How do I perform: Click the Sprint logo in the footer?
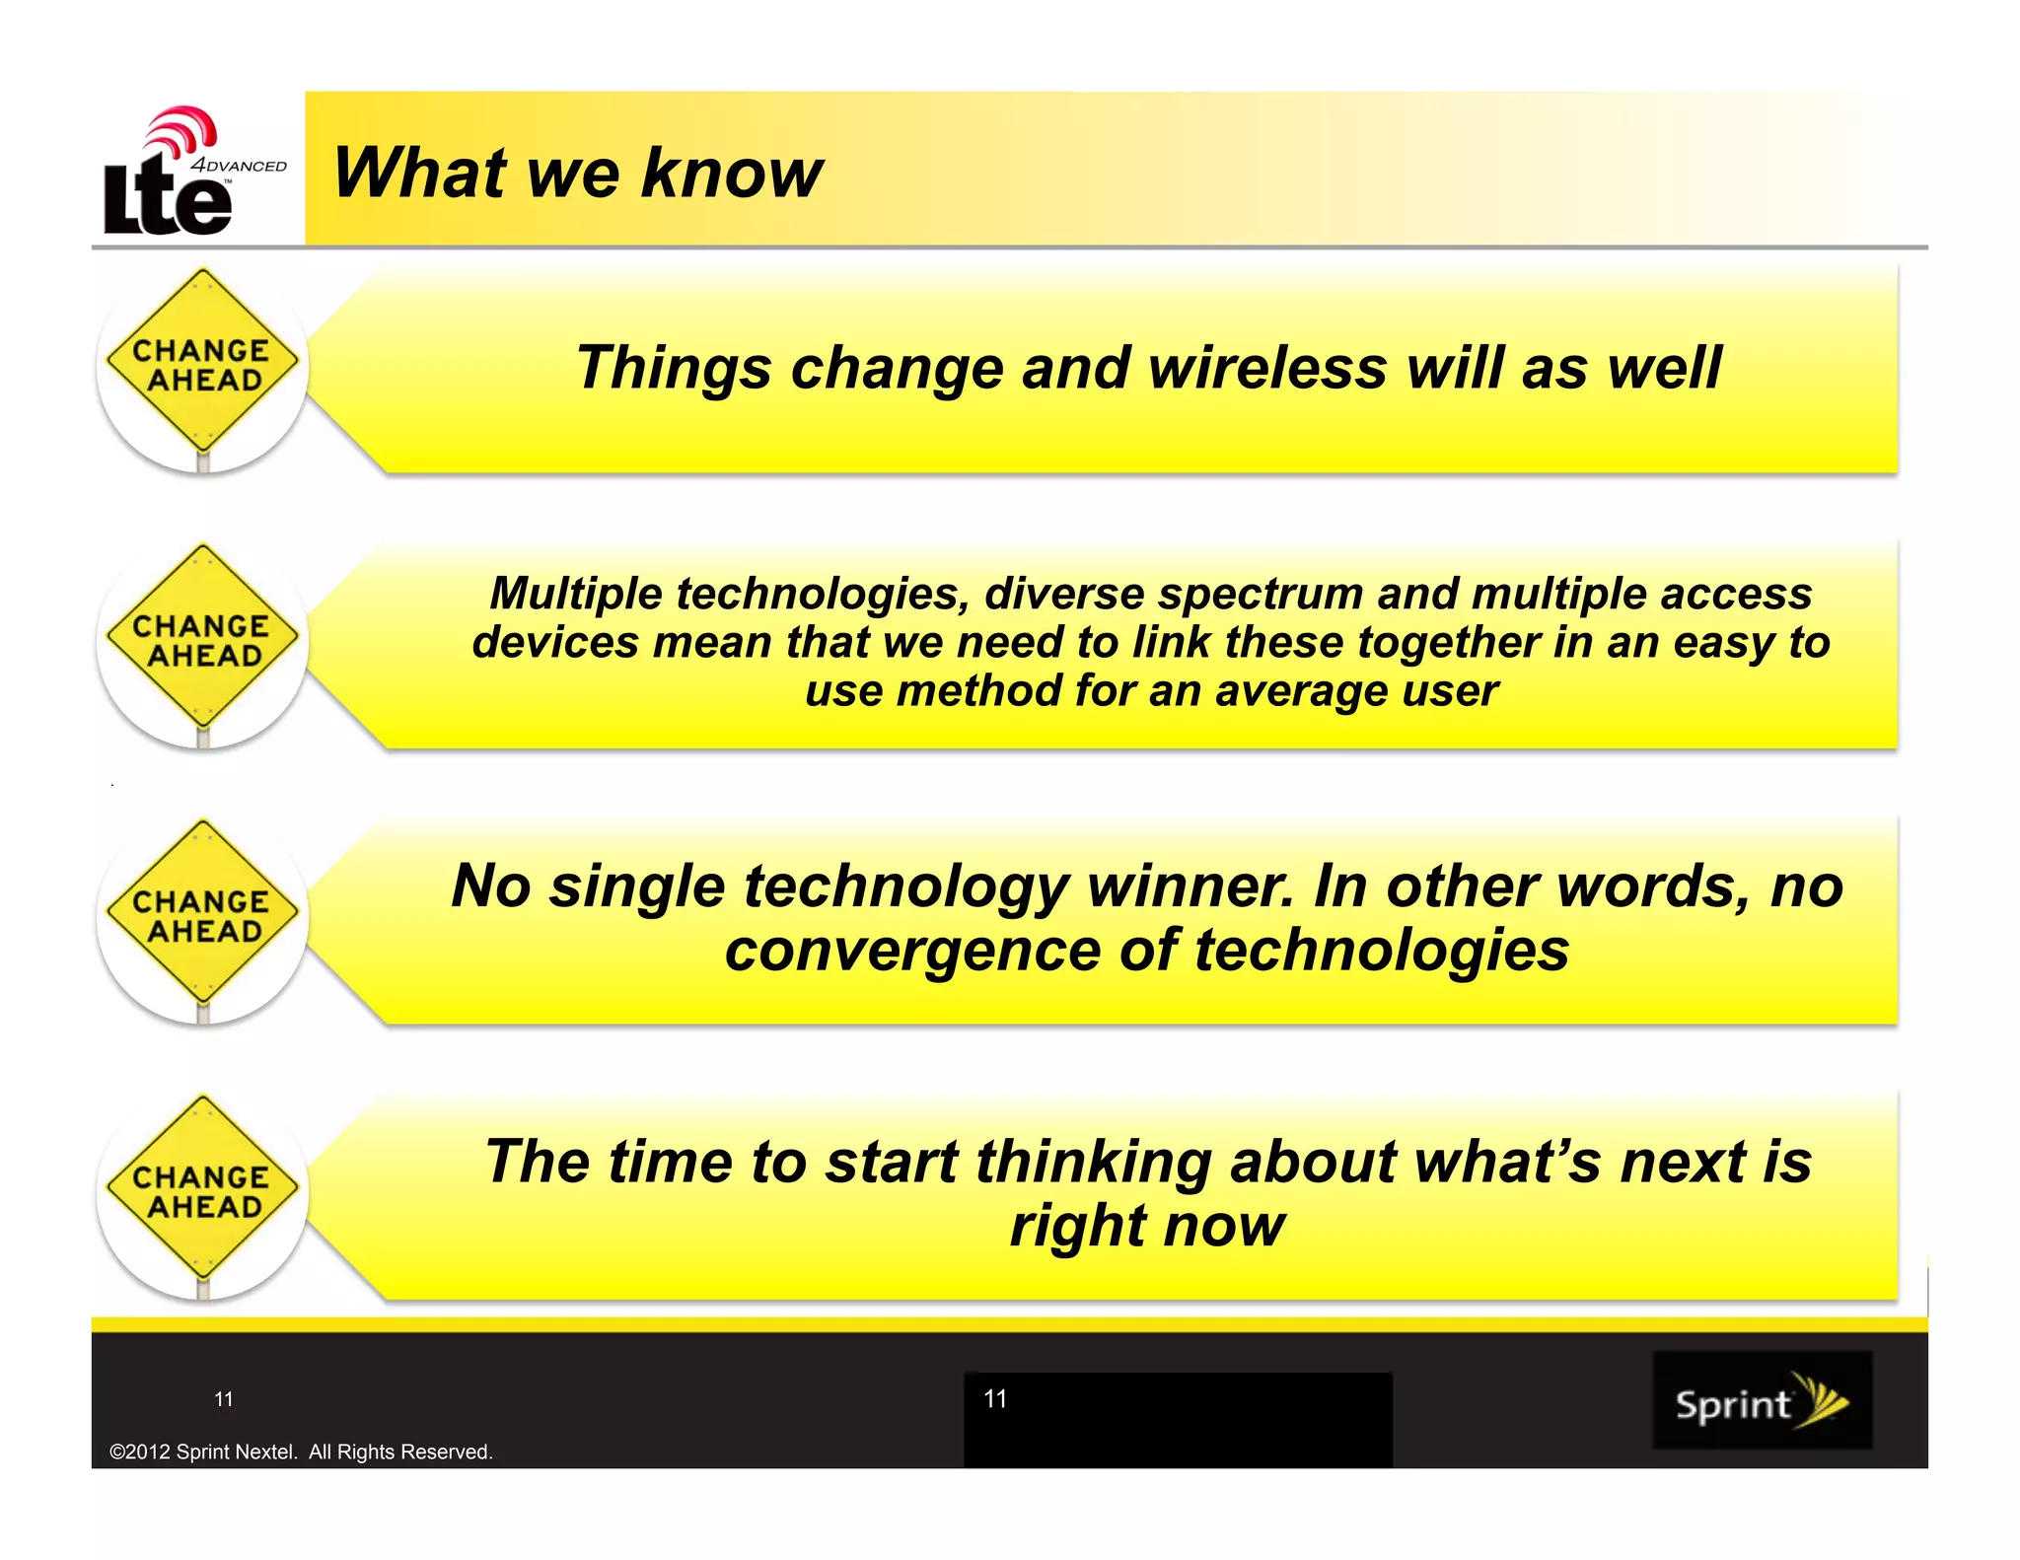pyautogui.click(x=1762, y=1400)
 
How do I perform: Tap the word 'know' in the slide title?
pyautogui.click(x=731, y=174)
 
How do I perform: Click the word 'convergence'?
pyautogui.click(x=911, y=951)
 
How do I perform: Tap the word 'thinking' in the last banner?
pyautogui.click(x=1094, y=1162)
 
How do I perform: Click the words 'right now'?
pyautogui.click(x=1147, y=1226)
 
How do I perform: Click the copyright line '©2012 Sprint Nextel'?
pyautogui.click(x=301, y=1452)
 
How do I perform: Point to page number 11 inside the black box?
pyautogui.click(x=995, y=1398)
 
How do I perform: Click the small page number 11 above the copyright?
pyautogui.click(x=224, y=1399)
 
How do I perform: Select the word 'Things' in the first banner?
pyautogui.click(x=673, y=369)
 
